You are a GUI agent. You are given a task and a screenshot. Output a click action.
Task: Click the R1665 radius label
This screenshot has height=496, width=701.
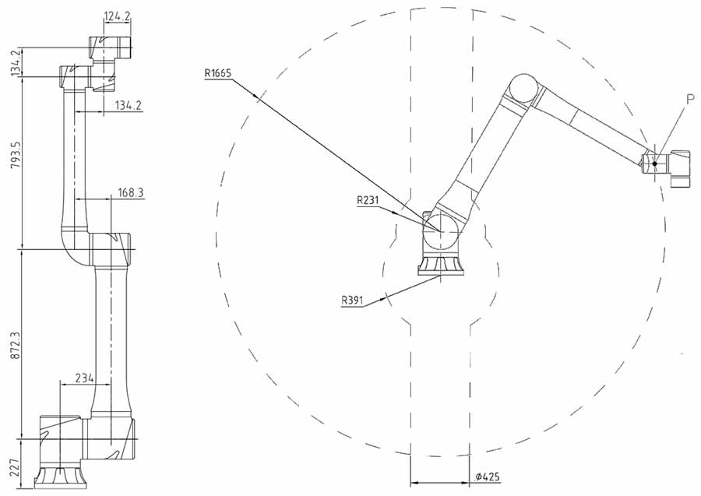[218, 73]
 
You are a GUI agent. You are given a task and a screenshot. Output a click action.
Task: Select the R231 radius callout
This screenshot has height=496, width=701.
[368, 200]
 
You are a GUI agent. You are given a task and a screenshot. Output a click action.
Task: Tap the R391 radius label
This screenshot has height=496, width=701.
[352, 300]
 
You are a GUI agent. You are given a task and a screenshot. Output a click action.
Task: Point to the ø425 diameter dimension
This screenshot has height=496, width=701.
[488, 477]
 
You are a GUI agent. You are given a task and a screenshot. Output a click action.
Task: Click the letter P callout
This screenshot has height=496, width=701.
[690, 99]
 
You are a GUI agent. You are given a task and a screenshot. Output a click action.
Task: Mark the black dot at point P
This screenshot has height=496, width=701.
[654, 164]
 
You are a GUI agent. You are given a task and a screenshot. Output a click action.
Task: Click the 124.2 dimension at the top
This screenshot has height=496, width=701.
[117, 16]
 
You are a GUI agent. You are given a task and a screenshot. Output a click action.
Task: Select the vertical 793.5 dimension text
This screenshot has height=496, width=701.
[16, 156]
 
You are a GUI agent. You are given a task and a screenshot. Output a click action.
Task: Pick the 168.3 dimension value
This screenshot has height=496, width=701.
[131, 192]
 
